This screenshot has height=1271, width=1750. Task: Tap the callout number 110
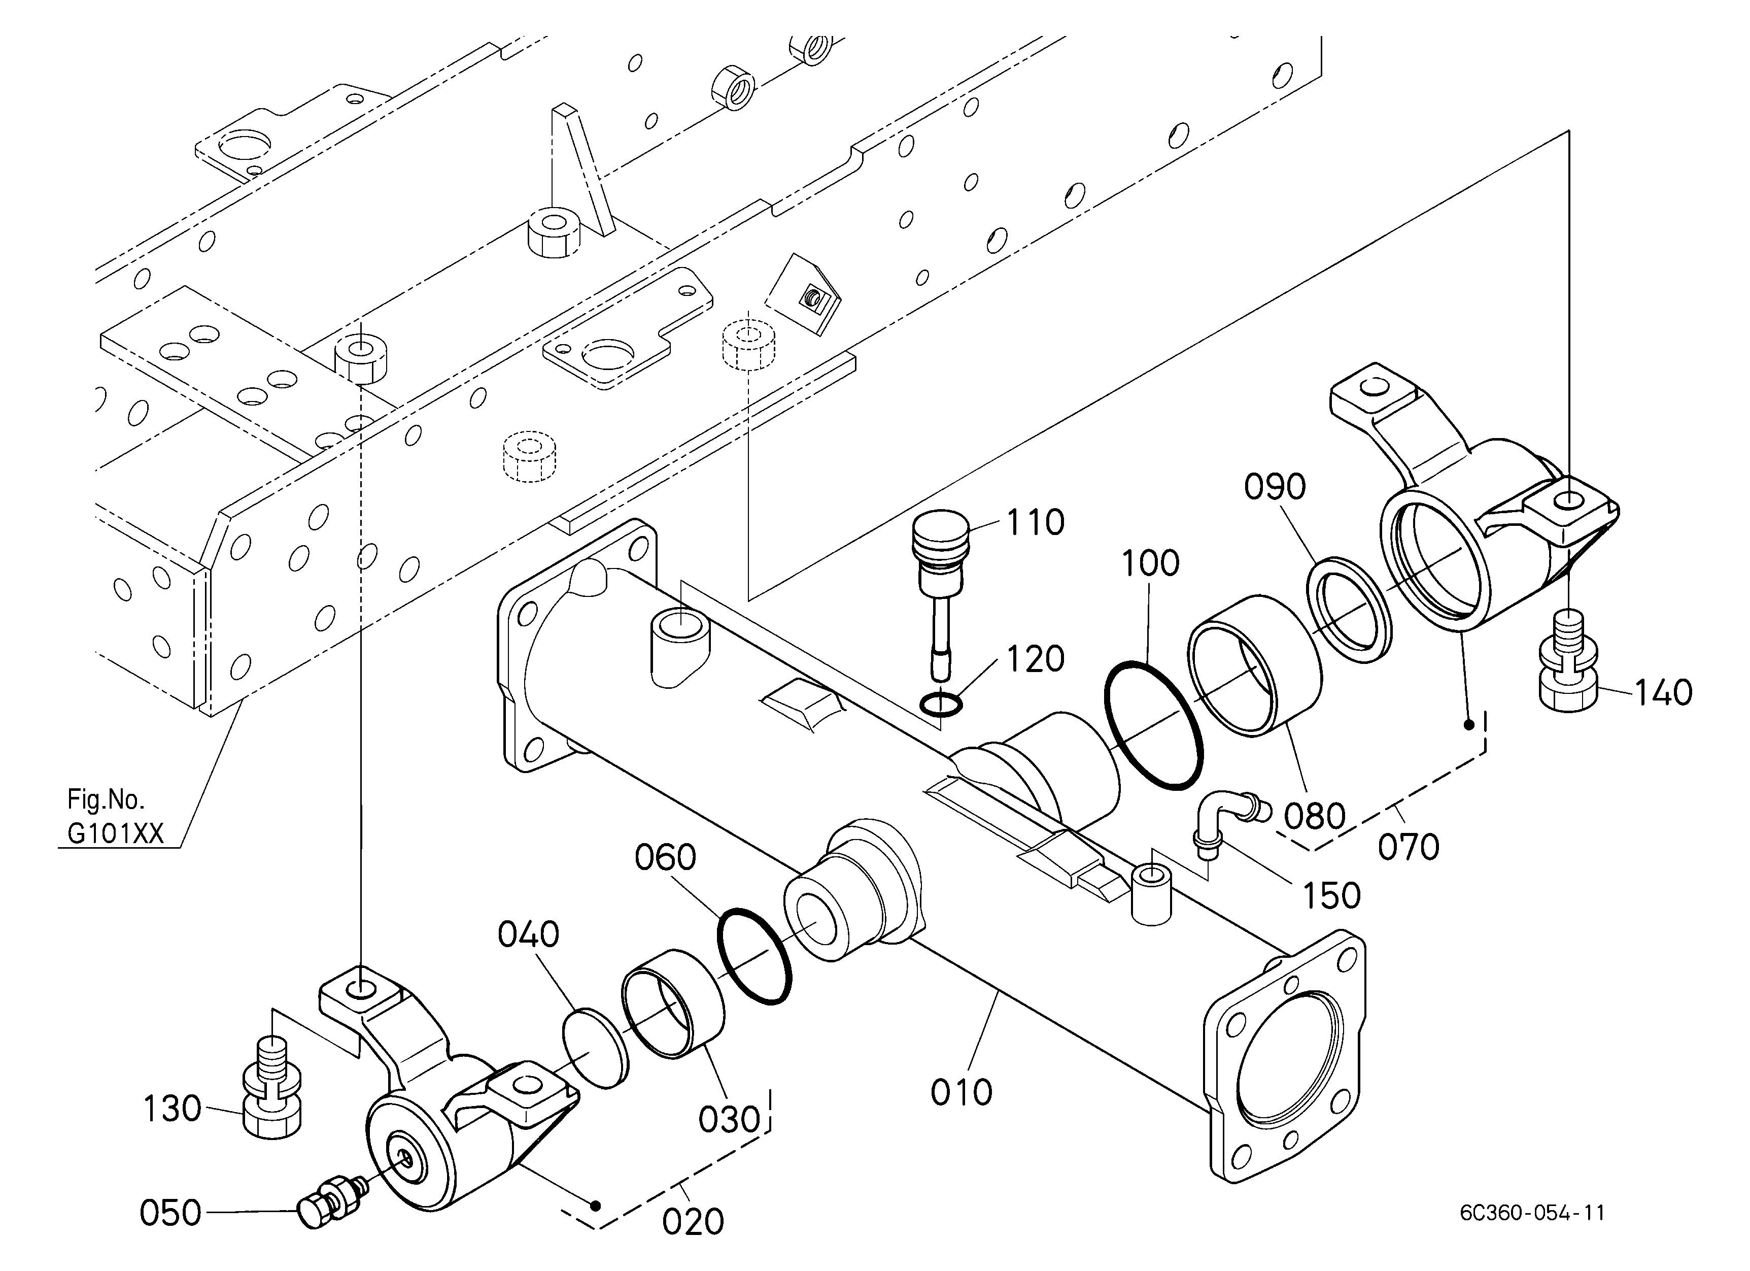(x=1036, y=522)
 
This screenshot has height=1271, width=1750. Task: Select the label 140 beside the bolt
(x=1664, y=692)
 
